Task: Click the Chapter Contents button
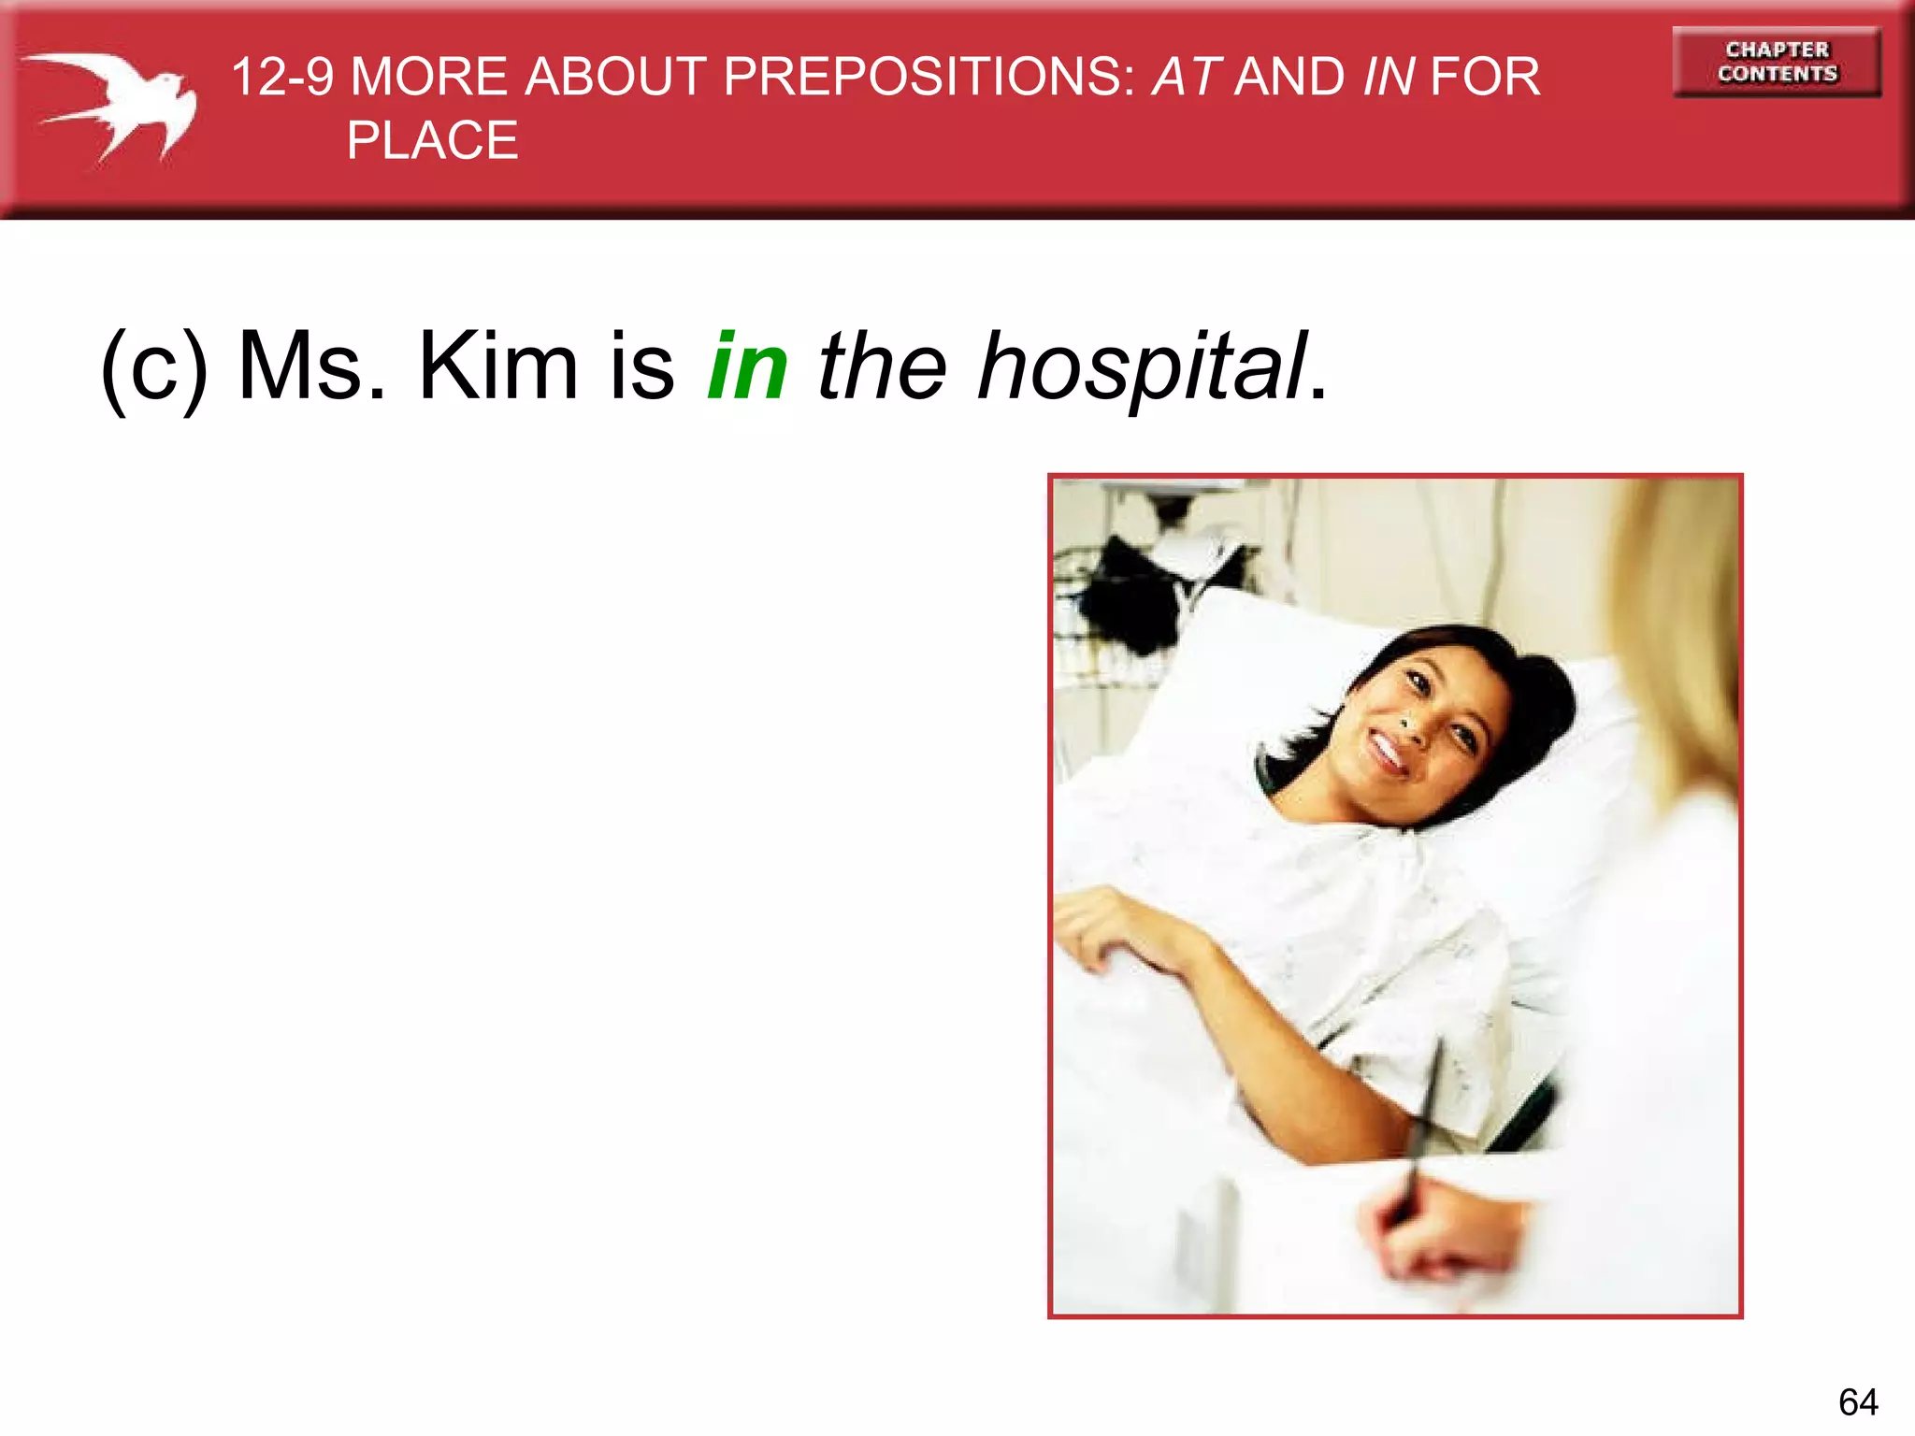pyautogui.click(x=1777, y=62)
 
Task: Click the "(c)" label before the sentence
pyautogui.click(x=154, y=367)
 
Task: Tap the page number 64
pyautogui.click(x=1857, y=1401)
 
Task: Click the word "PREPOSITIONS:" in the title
pyautogui.click(x=929, y=77)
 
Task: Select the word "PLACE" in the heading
pyautogui.click(x=432, y=141)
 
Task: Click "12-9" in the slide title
pyautogui.click(x=281, y=77)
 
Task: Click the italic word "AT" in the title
pyautogui.click(x=1185, y=77)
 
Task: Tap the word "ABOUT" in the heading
pyautogui.click(x=614, y=77)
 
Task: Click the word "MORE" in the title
pyautogui.click(x=428, y=77)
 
